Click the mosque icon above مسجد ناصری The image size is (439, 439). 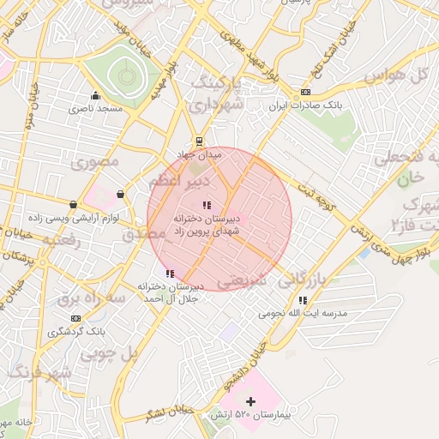coord(95,95)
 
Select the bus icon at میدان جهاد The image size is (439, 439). coord(200,141)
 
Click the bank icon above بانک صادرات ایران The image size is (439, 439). coord(306,93)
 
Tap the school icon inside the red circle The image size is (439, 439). coord(206,205)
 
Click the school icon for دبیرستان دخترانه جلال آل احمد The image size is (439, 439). coord(169,274)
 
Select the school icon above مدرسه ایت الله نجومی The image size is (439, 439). coord(303,300)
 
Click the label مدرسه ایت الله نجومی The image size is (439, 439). coord(307,314)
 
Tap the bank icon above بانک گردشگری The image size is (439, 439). coord(75,317)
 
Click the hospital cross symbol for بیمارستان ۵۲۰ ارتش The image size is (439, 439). coord(250,401)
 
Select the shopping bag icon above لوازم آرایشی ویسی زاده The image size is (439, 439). coord(73,204)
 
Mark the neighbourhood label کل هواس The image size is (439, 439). coord(396,75)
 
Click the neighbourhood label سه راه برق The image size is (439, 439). coord(92,298)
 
